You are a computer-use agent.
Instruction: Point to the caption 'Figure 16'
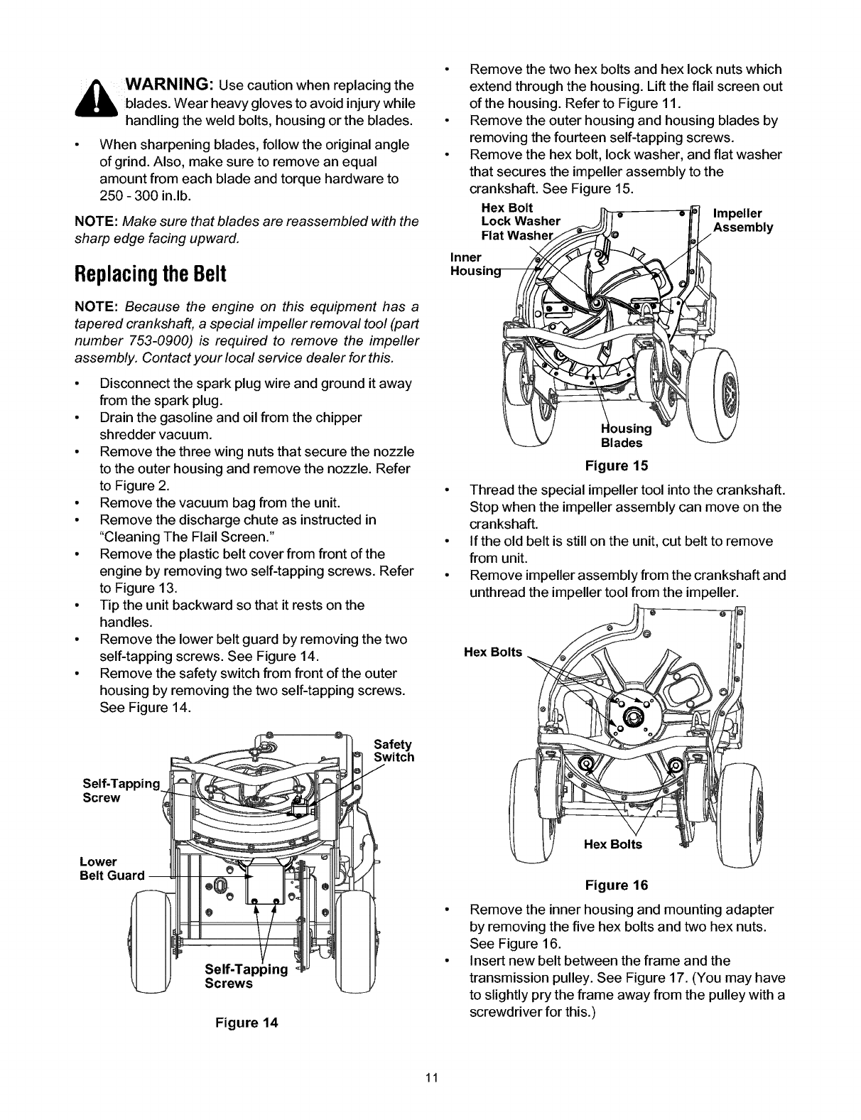(616, 885)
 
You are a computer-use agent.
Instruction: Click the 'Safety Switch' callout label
(393, 750)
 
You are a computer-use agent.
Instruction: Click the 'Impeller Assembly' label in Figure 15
(742, 220)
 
